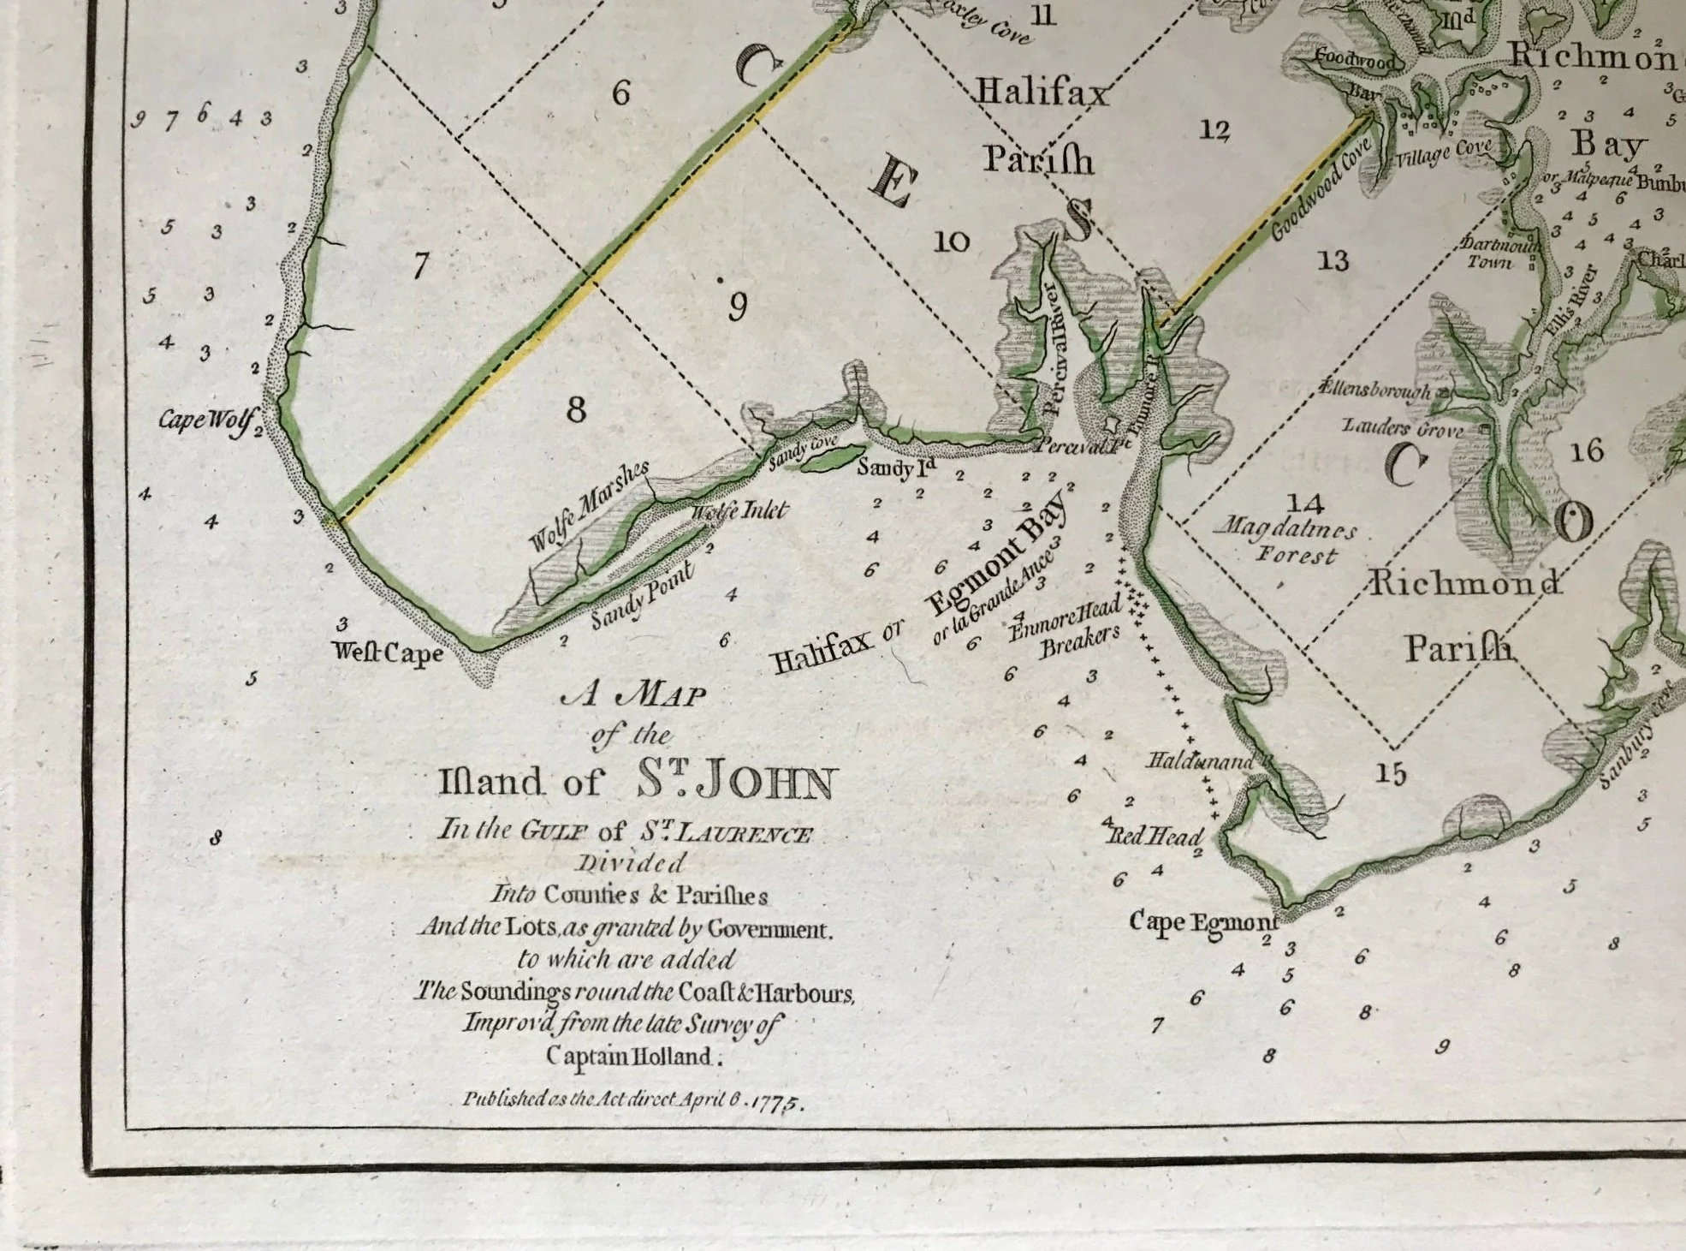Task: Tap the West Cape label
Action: pyautogui.click(x=388, y=653)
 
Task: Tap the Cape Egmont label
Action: pyautogui.click(x=1202, y=922)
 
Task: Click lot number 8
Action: pyautogui.click(x=577, y=410)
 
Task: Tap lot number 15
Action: pyautogui.click(x=1390, y=773)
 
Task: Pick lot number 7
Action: pyautogui.click(x=419, y=266)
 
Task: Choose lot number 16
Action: pyautogui.click(x=1587, y=450)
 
